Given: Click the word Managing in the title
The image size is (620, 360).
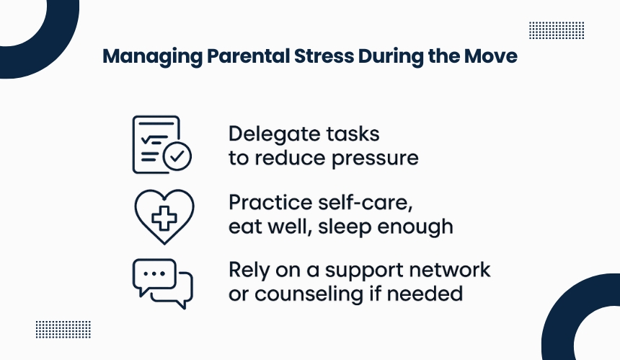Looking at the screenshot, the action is (152, 57).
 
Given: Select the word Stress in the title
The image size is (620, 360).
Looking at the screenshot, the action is (324, 56).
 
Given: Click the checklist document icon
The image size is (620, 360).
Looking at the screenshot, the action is (161, 144).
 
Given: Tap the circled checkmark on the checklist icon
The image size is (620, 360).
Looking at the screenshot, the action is (177, 156).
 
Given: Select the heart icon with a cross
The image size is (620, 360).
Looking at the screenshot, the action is (164, 216).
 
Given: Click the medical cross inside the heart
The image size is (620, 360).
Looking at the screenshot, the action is (164, 218).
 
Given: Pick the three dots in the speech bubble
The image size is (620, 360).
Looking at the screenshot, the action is (154, 273).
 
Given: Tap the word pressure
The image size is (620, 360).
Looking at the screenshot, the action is (375, 159).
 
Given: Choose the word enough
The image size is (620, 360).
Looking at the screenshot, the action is (415, 227).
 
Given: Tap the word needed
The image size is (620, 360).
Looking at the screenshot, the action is (425, 294).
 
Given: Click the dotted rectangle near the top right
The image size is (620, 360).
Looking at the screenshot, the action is (557, 30).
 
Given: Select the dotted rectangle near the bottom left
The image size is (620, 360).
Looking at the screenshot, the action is (63, 330).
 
